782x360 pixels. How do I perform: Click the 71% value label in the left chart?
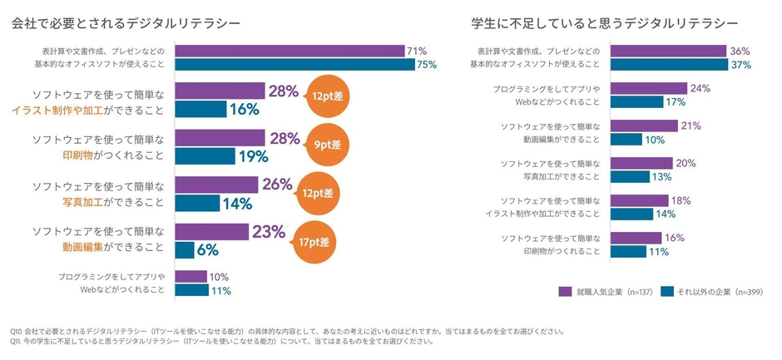click(x=416, y=52)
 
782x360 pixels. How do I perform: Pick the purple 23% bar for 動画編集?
click(x=212, y=232)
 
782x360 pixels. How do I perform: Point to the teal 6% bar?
click(x=185, y=249)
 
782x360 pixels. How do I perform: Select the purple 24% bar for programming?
click(x=648, y=88)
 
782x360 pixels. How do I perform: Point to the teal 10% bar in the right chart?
click(x=626, y=140)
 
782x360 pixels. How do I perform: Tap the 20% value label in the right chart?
click(x=685, y=163)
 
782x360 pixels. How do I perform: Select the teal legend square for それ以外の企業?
click(x=666, y=292)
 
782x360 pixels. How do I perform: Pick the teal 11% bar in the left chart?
click(x=191, y=290)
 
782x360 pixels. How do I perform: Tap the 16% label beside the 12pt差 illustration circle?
click(x=245, y=109)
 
